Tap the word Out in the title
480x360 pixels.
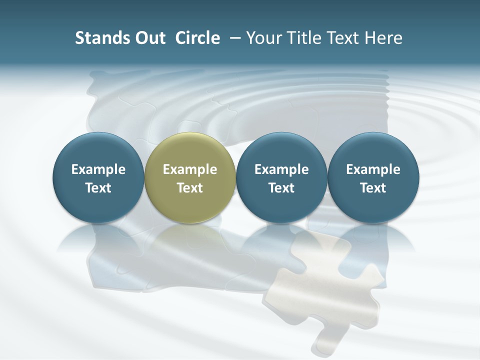[x=148, y=38]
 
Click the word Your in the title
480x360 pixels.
[x=263, y=38]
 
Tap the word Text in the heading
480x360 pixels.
[x=343, y=38]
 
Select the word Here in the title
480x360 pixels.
[x=384, y=38]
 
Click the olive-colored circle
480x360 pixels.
[x=190, y=177]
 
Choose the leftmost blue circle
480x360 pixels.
[x=98, y=177]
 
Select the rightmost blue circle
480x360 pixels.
[x=373, y=177]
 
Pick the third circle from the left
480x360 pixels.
[x=281, y=177]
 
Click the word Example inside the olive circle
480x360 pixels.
[x=190, y=169]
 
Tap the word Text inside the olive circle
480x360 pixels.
[x=190, y=188]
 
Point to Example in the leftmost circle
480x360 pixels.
[x=98, y=169]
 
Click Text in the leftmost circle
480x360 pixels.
[x=98, y=188]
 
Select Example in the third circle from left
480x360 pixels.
[x=281, y=169]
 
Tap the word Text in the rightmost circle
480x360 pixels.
[x=373, y=188]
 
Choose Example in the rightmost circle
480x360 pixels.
[x=373, y=169]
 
